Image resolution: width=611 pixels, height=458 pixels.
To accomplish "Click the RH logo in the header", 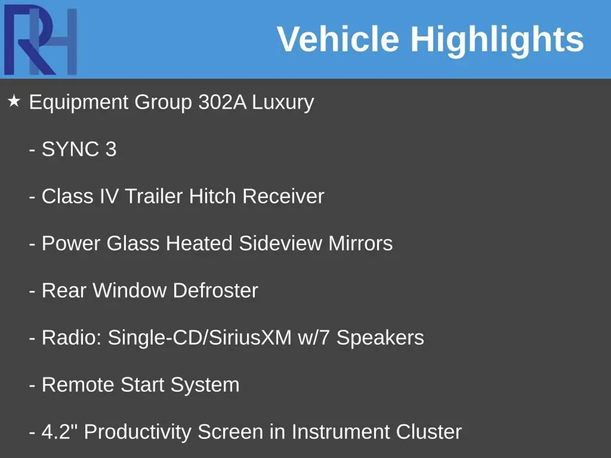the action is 40,40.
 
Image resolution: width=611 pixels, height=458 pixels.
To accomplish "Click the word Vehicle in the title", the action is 338,39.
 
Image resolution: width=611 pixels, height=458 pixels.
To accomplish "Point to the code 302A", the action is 223,102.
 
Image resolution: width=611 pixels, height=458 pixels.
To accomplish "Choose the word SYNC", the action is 70,149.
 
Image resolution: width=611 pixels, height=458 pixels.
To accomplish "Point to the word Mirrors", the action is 360,243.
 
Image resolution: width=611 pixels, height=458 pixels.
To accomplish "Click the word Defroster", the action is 215,290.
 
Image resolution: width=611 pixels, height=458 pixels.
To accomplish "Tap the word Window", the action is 129,290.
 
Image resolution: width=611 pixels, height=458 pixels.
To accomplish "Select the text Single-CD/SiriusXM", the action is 200,338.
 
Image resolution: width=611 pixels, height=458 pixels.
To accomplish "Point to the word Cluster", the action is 429,431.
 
